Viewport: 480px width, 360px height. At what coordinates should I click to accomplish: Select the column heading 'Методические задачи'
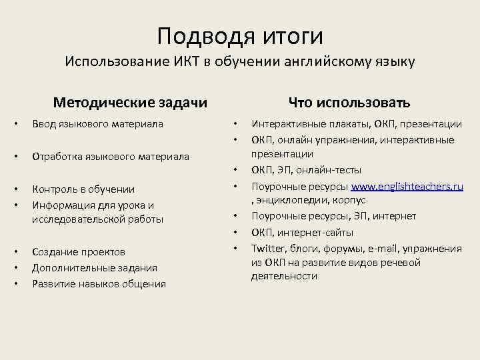(x=130, y=103)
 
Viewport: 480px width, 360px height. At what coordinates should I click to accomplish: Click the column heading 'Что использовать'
(x=349, y=103)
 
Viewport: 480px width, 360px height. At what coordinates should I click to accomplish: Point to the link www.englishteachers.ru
(x=407, y=187)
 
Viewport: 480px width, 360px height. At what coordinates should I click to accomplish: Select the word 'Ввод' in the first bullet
(x=45, y=124)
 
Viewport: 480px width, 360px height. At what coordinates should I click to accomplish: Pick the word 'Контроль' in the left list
(x=55, y=189)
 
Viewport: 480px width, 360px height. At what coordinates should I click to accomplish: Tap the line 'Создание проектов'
(x=79, y=252)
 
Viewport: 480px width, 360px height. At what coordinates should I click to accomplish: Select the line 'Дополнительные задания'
(x=95, y=268)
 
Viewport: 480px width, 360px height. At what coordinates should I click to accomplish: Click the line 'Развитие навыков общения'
(x=99, y=284)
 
